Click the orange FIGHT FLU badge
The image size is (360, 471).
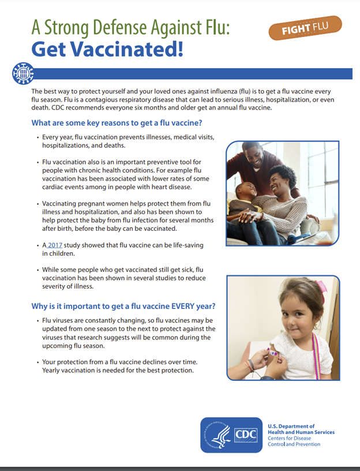[305, 28]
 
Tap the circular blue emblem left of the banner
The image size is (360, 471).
[22, 73]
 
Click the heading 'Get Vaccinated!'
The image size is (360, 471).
[107, 49]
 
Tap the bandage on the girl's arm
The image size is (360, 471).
[273, 350]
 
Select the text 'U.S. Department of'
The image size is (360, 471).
[290, 426]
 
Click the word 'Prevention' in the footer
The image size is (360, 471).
[306, 444]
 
